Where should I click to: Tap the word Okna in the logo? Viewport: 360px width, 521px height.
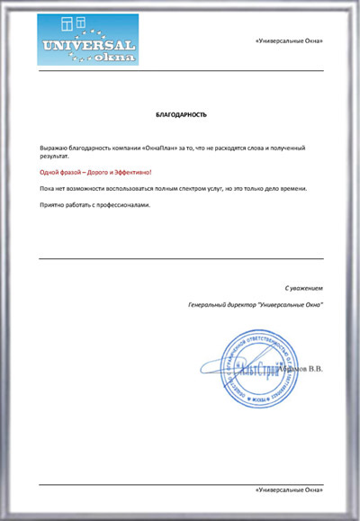pos(112,58)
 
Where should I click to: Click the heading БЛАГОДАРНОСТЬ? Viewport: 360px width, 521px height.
pos(181,115)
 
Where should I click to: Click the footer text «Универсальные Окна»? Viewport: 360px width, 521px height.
pos(288,490)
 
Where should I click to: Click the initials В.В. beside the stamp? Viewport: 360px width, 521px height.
pos(314,368)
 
